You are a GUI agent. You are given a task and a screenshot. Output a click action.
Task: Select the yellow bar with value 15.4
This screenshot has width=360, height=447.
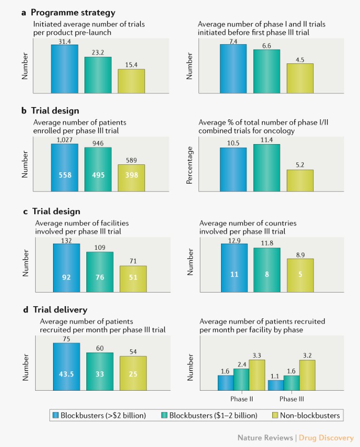click(x=131, y=81)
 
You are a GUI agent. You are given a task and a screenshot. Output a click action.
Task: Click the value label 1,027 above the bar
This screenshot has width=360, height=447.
click(x=65, y=140)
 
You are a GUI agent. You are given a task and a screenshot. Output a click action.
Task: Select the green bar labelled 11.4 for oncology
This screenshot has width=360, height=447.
click(x=267, y=168)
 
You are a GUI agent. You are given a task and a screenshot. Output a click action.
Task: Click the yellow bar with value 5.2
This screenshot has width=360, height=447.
click(x=300, y=181)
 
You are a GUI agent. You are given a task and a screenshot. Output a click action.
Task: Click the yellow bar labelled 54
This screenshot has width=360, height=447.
click(x=133, y=373)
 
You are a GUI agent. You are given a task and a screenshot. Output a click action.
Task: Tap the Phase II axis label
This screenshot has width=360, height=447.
click(x=242, y=399)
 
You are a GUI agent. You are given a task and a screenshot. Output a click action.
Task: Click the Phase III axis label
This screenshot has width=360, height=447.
click(x=291, y=399)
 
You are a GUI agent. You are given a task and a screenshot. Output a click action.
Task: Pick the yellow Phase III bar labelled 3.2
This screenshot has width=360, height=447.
click(x=307, y=375)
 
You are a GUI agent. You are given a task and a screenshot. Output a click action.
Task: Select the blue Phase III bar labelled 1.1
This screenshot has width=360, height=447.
click(x=276, y=385)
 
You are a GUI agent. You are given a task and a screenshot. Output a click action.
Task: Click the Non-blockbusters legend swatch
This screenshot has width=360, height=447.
click(x=276, y=415)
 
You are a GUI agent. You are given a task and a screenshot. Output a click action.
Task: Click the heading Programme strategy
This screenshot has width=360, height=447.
click(x=73, y=13)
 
